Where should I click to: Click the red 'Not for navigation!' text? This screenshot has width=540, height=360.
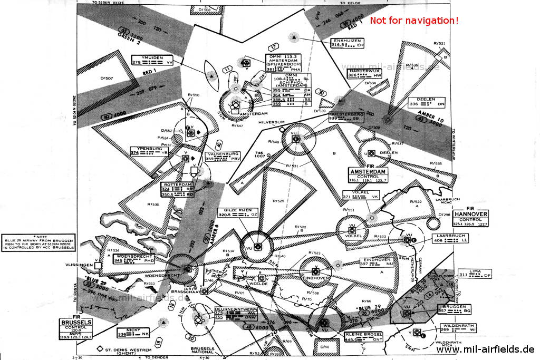tap(414, 21)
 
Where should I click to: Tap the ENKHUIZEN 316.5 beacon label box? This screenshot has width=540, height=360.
tap(347, 43)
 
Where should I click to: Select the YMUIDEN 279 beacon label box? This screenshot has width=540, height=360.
tap(153, 60)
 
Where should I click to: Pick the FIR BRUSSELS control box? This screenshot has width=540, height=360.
tap(77, 327)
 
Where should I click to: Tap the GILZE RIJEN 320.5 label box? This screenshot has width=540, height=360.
tap(238, 212)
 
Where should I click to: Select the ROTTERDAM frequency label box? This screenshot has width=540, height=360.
tap(178, 189)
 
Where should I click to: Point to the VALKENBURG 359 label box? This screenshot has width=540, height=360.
tap(223, 156)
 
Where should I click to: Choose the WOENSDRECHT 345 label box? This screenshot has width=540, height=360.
tap(134, 258)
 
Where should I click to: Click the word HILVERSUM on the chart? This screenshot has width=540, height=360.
tap(271, 122)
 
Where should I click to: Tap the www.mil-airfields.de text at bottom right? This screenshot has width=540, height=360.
tap(485, 349)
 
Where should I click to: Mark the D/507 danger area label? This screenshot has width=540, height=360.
tap(107, 79)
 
